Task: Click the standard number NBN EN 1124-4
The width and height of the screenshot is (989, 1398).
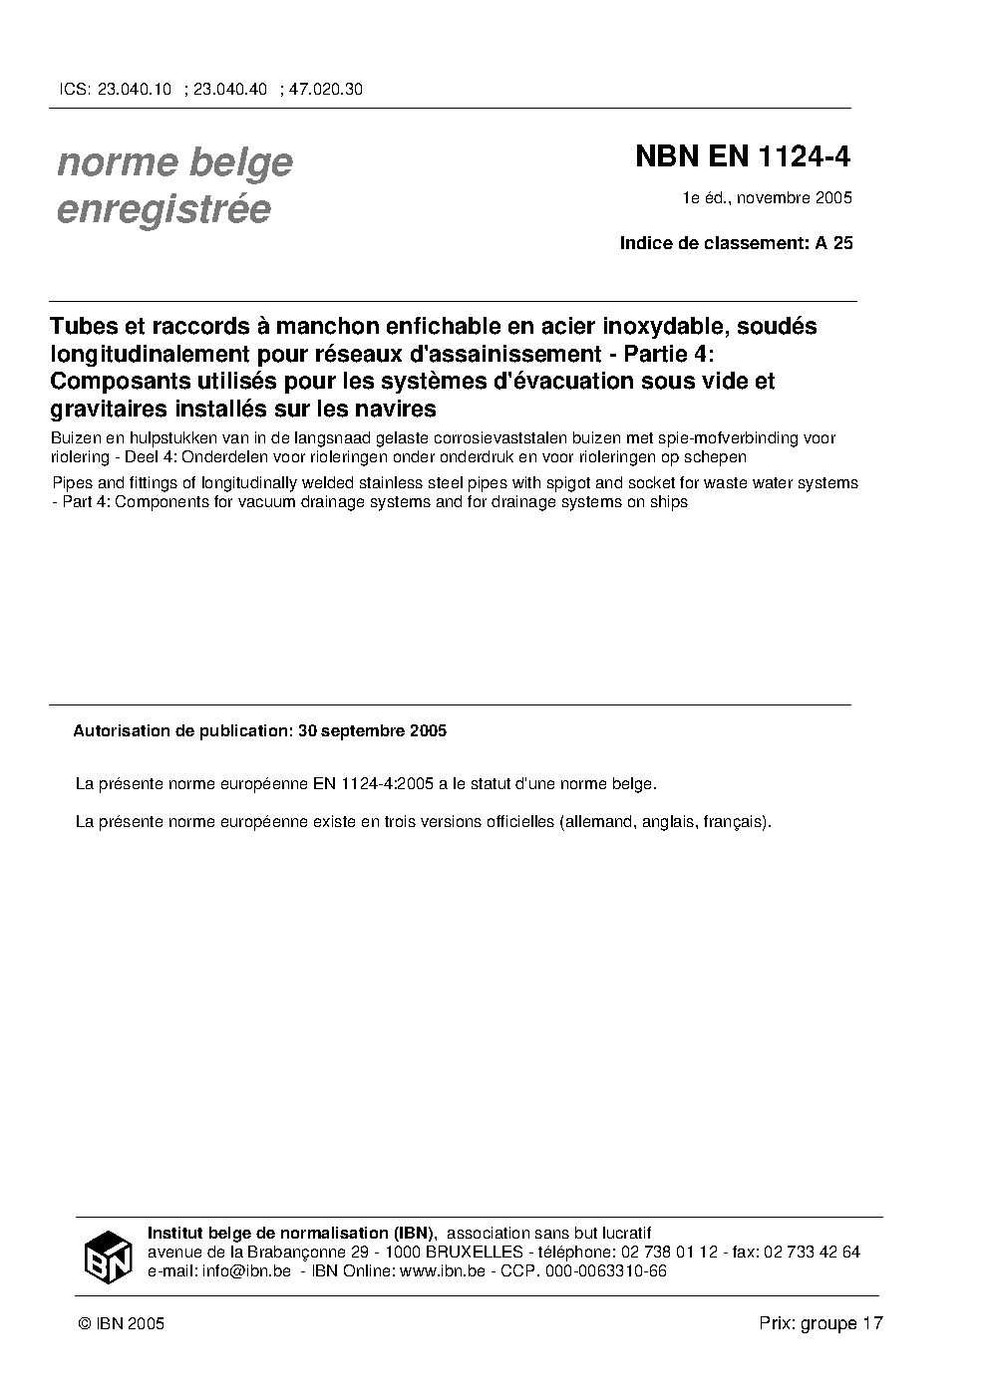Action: click(743, 157)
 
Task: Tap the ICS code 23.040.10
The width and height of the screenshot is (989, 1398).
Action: click(135, 89)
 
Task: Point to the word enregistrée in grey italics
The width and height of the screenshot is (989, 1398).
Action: click(165, 210)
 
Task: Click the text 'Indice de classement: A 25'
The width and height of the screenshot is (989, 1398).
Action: click(736, 242)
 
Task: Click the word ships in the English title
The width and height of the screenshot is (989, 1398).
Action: click(667, 502)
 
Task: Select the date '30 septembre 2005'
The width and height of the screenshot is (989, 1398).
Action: click(372, 730)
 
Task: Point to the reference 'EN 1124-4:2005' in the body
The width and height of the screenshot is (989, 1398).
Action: click(382, 783)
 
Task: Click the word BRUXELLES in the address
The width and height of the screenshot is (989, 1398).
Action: click(474, 1253)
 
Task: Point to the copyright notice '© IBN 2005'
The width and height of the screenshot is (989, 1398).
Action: click(121, 1323)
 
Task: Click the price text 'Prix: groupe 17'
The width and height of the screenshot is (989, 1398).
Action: click(821, 1323)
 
